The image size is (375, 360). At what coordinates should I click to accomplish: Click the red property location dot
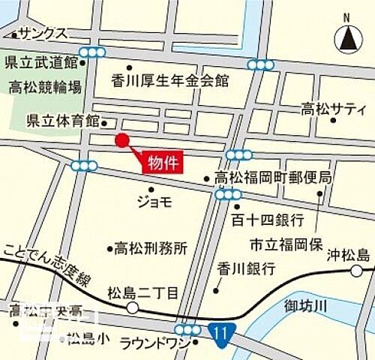[121, 139]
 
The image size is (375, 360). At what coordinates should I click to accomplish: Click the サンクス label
[43, 34]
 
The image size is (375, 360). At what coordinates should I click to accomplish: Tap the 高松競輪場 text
[45, 88]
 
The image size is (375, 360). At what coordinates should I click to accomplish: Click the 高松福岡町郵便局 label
[273, 178]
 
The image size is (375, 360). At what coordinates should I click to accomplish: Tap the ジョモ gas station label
[154, 200]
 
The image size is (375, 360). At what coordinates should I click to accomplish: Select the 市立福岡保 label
[287, 244]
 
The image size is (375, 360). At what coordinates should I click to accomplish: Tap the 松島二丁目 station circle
[132, 307]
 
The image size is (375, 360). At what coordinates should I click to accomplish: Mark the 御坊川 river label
[307, 305]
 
